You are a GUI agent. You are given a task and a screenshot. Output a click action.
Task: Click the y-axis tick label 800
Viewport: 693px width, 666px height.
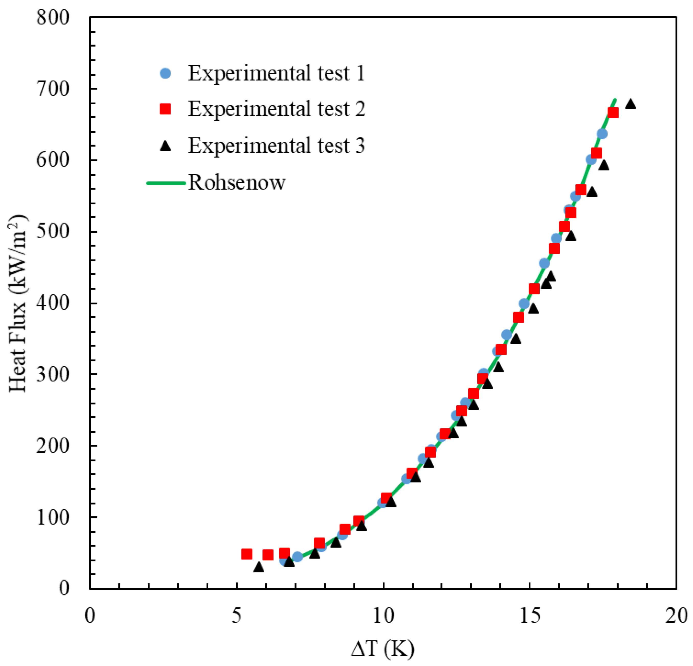(53, 17)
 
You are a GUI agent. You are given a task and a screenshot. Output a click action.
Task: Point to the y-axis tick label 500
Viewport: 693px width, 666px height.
(53, 232)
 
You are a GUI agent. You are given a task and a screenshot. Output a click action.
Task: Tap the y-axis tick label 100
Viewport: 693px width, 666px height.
(53, 517)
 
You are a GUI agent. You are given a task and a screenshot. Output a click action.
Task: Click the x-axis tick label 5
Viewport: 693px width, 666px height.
(236, 616)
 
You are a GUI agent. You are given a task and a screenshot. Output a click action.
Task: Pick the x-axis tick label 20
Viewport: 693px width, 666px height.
(676, 616)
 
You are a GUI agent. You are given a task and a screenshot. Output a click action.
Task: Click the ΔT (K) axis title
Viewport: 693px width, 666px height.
(383, 649)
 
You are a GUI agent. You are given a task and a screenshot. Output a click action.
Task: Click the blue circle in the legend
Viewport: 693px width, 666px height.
(165, 73)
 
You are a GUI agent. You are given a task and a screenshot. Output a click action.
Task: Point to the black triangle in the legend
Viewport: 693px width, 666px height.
(165, 146)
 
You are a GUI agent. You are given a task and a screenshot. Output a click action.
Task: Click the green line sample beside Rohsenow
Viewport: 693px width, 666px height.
(166, 183)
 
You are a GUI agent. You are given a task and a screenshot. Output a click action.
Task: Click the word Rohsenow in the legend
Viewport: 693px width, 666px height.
(236, 183)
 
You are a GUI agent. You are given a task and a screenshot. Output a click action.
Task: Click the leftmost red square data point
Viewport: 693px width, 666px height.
(247, 554)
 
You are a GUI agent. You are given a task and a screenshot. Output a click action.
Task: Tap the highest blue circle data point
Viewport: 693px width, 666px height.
(602, 134)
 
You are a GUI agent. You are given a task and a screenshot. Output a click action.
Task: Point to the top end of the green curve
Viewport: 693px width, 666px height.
(615, 100)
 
